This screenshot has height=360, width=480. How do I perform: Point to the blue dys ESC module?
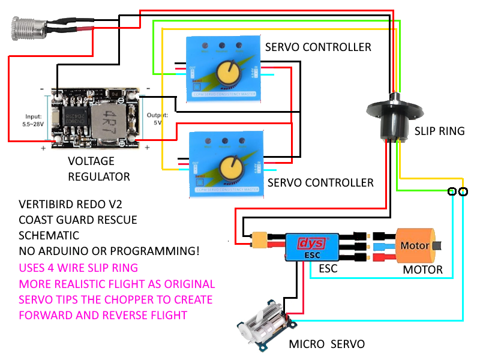313,245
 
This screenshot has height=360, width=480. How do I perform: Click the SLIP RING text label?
439,131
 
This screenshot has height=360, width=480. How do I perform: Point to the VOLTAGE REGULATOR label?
99,169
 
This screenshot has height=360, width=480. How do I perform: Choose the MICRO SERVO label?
326,344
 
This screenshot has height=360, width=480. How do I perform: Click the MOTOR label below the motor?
422,269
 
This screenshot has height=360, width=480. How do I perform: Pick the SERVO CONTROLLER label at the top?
318,47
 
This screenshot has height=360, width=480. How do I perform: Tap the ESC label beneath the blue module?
328,269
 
